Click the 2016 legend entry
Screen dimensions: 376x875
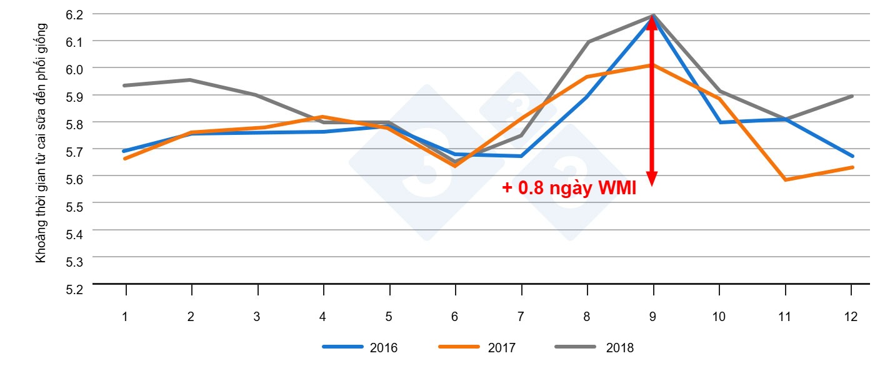click(360, 348)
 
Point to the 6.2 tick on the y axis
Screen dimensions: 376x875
click(74, 14)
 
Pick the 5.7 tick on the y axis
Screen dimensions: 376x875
click(74, 151)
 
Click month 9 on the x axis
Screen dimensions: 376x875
click(652, 317)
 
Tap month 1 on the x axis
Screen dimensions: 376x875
click(125, 317)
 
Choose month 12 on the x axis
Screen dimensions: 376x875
click(851, 317)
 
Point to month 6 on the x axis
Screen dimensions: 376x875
click(454, 317)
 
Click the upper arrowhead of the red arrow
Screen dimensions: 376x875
click(652, 22)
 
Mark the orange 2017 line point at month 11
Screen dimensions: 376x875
click(784, 180)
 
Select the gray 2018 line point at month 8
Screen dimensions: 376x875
click(587, 42)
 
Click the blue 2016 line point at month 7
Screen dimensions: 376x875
click(521, 156)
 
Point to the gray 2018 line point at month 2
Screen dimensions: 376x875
click(191, 80)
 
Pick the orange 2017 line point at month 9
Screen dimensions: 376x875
click(652, 65)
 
